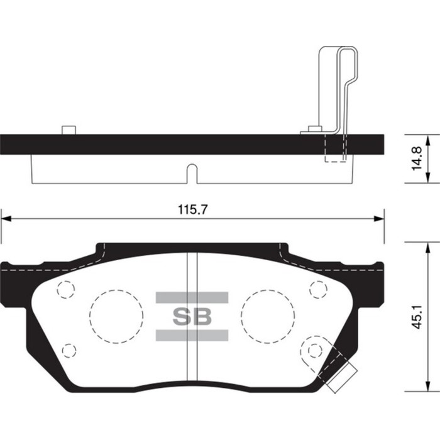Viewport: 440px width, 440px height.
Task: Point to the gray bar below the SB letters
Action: [x=192, y=335]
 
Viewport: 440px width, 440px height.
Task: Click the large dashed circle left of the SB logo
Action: [x=116, y=316]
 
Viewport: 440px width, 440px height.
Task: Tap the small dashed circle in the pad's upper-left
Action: [x=65, y=289]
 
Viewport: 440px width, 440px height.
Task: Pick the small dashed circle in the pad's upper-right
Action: [x=318, y=289]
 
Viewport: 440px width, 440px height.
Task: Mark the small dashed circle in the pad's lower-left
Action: [x=69, y=349]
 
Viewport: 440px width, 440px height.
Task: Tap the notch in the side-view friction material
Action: [x=192, y=173]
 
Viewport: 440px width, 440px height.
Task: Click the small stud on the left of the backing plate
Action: [x=68, y=129]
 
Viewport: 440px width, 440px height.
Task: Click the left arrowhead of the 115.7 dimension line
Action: [x=6, y=219]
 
